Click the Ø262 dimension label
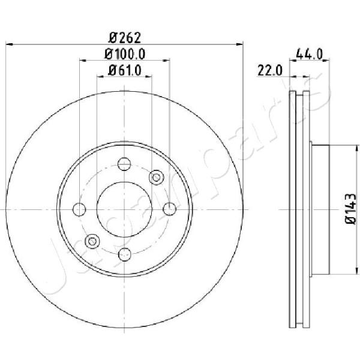tap(124, 37)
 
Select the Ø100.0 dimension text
tap(125, 55)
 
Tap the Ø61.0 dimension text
tap(124, 70)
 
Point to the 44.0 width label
tap(310, 54)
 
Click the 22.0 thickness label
tap(270, 70)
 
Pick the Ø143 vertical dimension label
tap(350, 208)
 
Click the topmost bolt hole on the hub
tap(124, 164)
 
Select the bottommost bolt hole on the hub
tap(124, 254)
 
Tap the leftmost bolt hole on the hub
tap(79, 209)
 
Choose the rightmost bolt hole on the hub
tap(170, 209)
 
